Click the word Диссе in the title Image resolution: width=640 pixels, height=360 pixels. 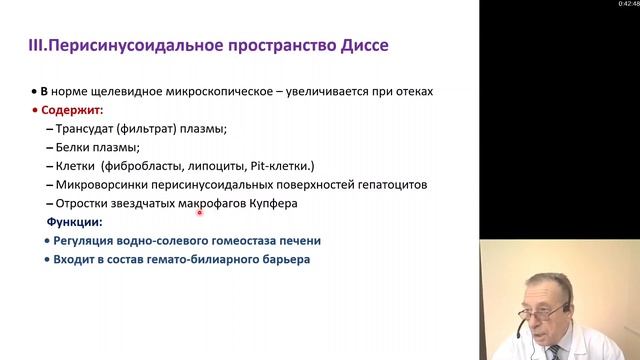(x=364, y=45)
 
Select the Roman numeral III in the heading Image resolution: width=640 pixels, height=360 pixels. (x=36, y=45)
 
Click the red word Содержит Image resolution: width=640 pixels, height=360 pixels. (x=71, y=110)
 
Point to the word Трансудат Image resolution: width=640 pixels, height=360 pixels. (x=84, y=129)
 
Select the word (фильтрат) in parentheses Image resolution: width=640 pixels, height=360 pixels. (x=147, y=129)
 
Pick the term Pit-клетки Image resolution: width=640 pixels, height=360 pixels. (x=282, y=166)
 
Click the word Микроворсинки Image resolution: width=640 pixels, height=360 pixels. (x=102, y=185)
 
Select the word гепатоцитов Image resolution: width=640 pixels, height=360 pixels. (x=393, y=185)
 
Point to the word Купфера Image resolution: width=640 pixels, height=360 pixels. (x=273, y=203)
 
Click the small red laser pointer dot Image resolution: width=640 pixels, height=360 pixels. (x=200, y=213)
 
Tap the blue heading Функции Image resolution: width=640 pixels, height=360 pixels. (x=74, y=222)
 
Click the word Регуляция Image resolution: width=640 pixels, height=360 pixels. (x=83, y=241)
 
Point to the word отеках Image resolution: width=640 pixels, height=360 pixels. (x=414, y=91)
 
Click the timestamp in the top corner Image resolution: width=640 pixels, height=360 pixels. (x=629, y=4)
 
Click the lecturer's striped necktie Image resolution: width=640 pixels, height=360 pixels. (x=555, y=353)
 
